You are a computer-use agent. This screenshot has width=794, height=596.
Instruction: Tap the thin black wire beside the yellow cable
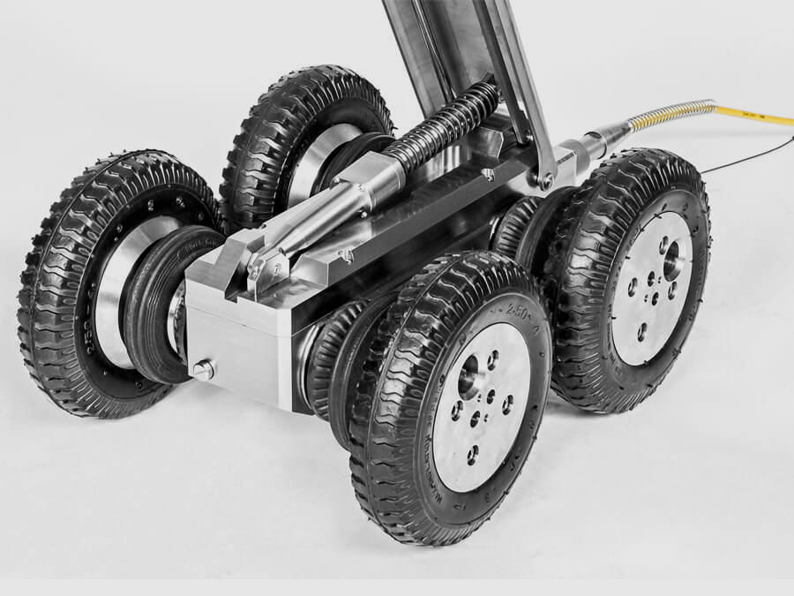pos(750,156)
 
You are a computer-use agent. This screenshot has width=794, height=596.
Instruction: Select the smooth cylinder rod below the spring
pos(318,216)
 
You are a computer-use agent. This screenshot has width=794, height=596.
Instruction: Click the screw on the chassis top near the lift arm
pos(488,175)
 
